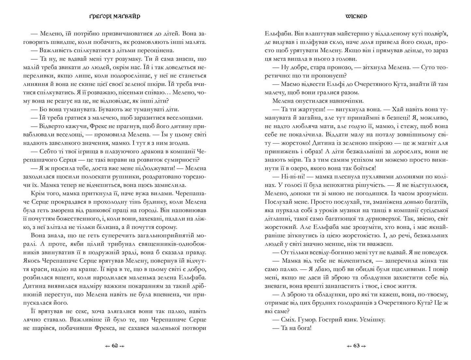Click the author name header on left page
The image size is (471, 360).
point(115,16)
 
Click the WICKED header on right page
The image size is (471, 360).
point(356,16)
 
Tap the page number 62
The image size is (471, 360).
point(115,346)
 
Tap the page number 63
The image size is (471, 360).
point(356,346)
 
